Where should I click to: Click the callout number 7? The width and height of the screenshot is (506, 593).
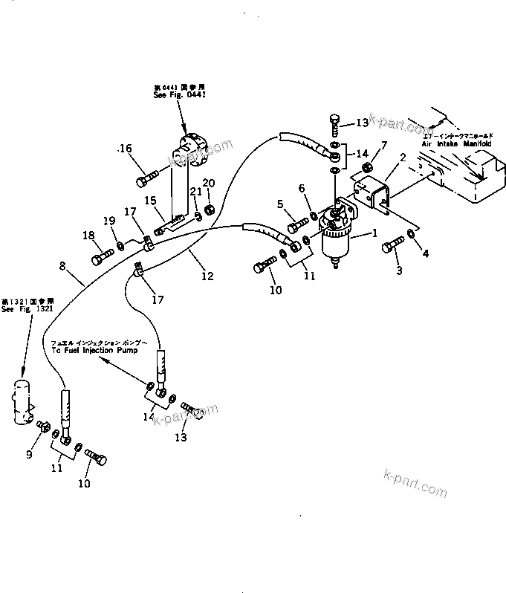384,146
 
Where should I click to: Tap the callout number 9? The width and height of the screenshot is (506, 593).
30,455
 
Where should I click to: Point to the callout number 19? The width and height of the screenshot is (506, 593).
108,221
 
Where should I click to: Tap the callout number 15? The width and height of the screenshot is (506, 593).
150,201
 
